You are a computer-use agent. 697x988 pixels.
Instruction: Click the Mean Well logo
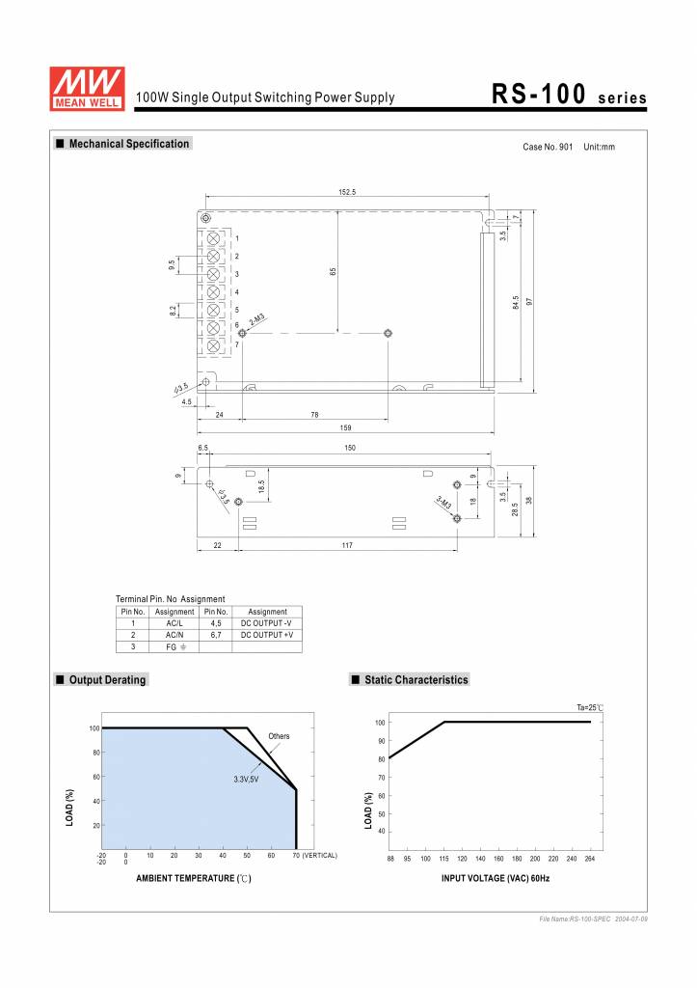point(88,87)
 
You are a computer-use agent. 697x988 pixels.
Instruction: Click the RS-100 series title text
point(568,95)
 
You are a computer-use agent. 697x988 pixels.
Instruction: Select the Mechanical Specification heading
point(128,144)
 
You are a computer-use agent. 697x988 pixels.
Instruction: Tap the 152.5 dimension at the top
point(347,192)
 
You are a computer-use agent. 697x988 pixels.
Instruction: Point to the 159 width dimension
point(345,427)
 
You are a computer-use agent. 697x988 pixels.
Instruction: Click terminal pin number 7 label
point(237,344)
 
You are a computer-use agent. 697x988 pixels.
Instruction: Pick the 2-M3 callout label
point(257,319)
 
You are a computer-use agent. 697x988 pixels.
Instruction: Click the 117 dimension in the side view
point(347,546)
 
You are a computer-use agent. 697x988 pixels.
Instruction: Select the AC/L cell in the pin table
point(174,623)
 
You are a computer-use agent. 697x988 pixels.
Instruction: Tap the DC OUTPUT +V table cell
point(267,635)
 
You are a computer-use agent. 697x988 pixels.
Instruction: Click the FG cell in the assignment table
point(174,646)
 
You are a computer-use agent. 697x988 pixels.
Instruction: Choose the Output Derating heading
point(107,680)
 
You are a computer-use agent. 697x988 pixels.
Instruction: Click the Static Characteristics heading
point(416,680)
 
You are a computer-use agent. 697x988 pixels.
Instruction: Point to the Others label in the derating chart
point(279,736)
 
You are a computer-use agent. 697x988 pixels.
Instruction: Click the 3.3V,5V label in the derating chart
point(247,778)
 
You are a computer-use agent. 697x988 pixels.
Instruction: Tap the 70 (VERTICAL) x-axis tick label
point(314,855)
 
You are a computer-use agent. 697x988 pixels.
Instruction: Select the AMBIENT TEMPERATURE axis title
point(194,878)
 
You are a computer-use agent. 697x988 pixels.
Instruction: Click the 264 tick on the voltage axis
point(589,858)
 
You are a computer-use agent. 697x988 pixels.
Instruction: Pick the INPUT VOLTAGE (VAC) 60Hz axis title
point(496,878)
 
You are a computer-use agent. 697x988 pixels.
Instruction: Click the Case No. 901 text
point(548,147)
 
